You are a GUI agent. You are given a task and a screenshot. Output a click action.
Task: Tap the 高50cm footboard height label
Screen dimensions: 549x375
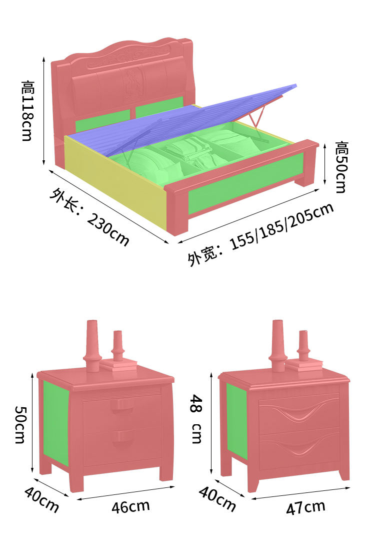[x=341, y=167]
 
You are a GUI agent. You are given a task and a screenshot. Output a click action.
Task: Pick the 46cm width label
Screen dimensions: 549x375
[x=130, y=506]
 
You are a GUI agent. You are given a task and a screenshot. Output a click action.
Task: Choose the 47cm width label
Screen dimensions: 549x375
[x=305, y=507]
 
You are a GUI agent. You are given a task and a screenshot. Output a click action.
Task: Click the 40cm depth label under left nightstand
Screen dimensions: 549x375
[x=41, y=499]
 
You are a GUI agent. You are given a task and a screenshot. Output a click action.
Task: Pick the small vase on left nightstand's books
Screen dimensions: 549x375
[x=118, y=346]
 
